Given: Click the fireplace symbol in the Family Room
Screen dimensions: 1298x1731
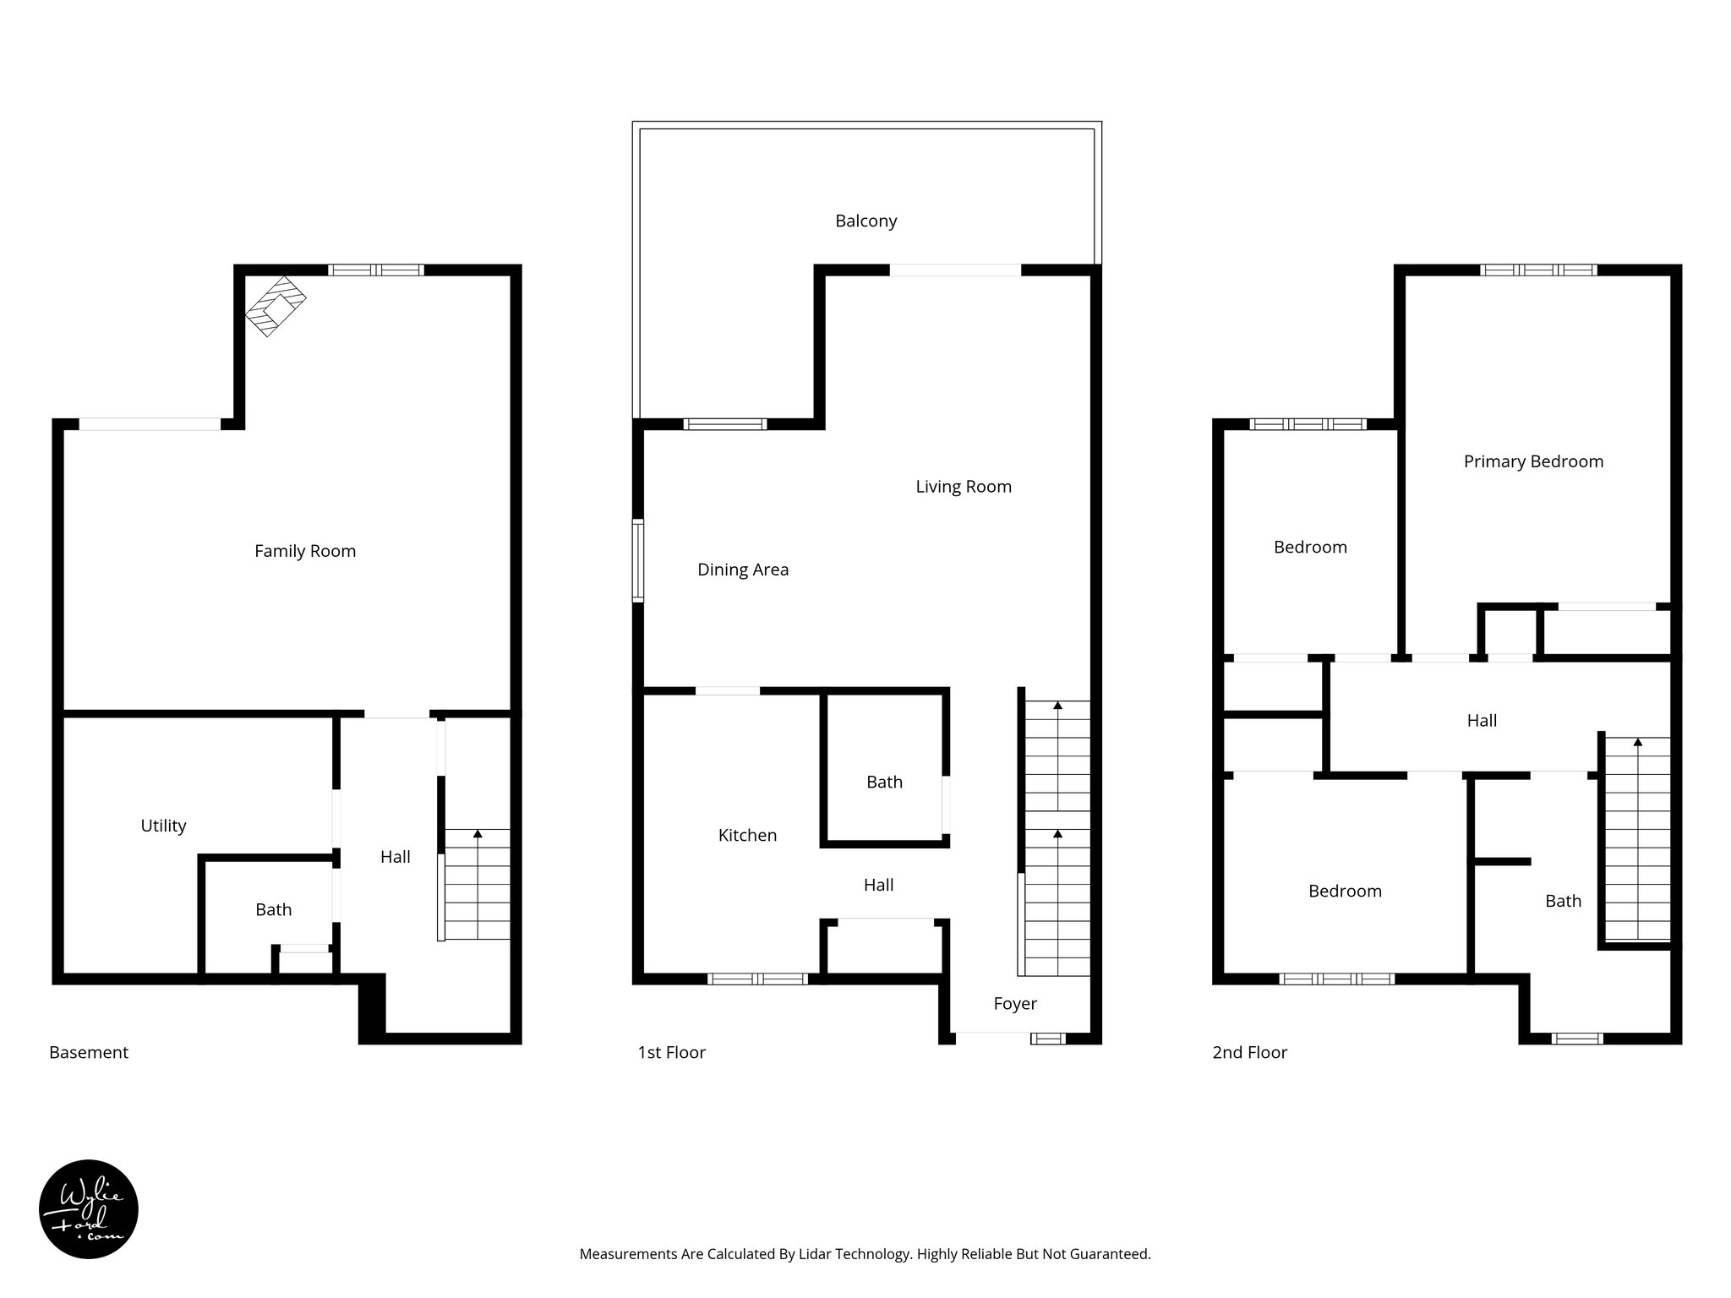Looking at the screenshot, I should (x=276, y=306).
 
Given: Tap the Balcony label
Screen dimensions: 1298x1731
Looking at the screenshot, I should (x=865, y=221).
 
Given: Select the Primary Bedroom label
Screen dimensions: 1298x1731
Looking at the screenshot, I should (x=1533, y=461).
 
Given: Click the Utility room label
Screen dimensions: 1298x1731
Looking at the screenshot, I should (x=163, y=826).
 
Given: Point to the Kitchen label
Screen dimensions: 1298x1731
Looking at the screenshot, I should (x=747, y=835).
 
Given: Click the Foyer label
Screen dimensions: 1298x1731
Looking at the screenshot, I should (x=1014, y=1003).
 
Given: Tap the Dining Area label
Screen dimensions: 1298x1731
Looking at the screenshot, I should (x=743, y=570).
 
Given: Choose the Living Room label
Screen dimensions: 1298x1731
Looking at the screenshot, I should (x=964, y=487).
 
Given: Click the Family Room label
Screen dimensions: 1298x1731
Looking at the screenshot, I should (x=305, y=551).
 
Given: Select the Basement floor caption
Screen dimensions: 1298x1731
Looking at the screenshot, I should (x=89, y=1052).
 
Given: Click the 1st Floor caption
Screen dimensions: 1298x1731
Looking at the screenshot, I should (x=671, y=1052).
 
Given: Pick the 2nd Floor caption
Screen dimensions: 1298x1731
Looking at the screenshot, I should (x=1249, y=1052).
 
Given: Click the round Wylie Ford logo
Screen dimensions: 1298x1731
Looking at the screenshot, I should (x=89, y=1209).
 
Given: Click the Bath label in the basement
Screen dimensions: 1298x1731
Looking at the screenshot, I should (x=273, y=909).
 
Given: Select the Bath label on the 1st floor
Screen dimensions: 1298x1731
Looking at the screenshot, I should (x=884, y=782).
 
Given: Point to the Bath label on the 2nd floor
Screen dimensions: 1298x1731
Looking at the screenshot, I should (x=1563, y=901).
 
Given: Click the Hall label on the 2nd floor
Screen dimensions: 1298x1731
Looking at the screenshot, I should (x=1482, y=720).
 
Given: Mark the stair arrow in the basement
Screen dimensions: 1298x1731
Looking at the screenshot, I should (x=478, y=835).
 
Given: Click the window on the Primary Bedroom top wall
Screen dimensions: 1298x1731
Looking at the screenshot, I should (x=1538, y=270).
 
